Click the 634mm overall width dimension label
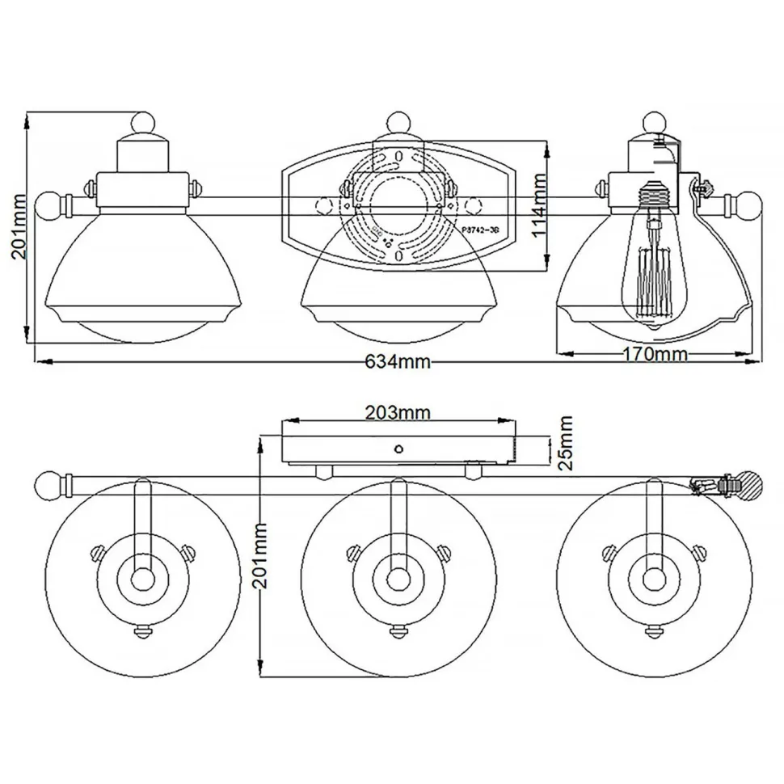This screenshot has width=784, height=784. (394, 362)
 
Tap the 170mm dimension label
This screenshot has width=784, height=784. (655, 354)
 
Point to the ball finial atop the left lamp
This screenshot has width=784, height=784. (143, 123)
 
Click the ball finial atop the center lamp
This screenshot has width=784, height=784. (397, 123)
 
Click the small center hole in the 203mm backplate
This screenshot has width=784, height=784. (397, 447)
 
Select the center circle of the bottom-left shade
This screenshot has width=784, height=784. (143, 579)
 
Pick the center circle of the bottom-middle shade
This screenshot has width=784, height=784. (397, 579)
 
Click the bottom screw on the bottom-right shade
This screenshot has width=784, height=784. (651, 630)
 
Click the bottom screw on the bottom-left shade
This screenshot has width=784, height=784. (143, 630)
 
